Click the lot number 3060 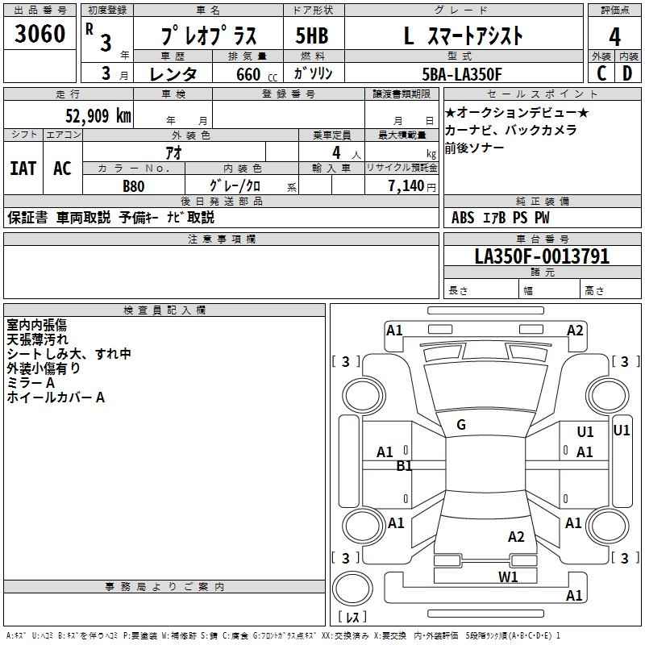pos(40,35)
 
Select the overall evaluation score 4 pos(615,36)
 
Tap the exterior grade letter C pos(601,73)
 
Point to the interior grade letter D pos(628,73)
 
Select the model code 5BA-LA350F pos(462,74)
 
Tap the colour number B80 pos(134,185)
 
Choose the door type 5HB pos(312,36)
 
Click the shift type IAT pos(23,169)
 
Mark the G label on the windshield pos(461,425)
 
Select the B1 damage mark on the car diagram pos(404,465)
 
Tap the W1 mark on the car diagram pos(508,576)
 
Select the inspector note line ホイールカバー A pos(56,397)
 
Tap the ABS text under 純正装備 pos(463,218)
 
